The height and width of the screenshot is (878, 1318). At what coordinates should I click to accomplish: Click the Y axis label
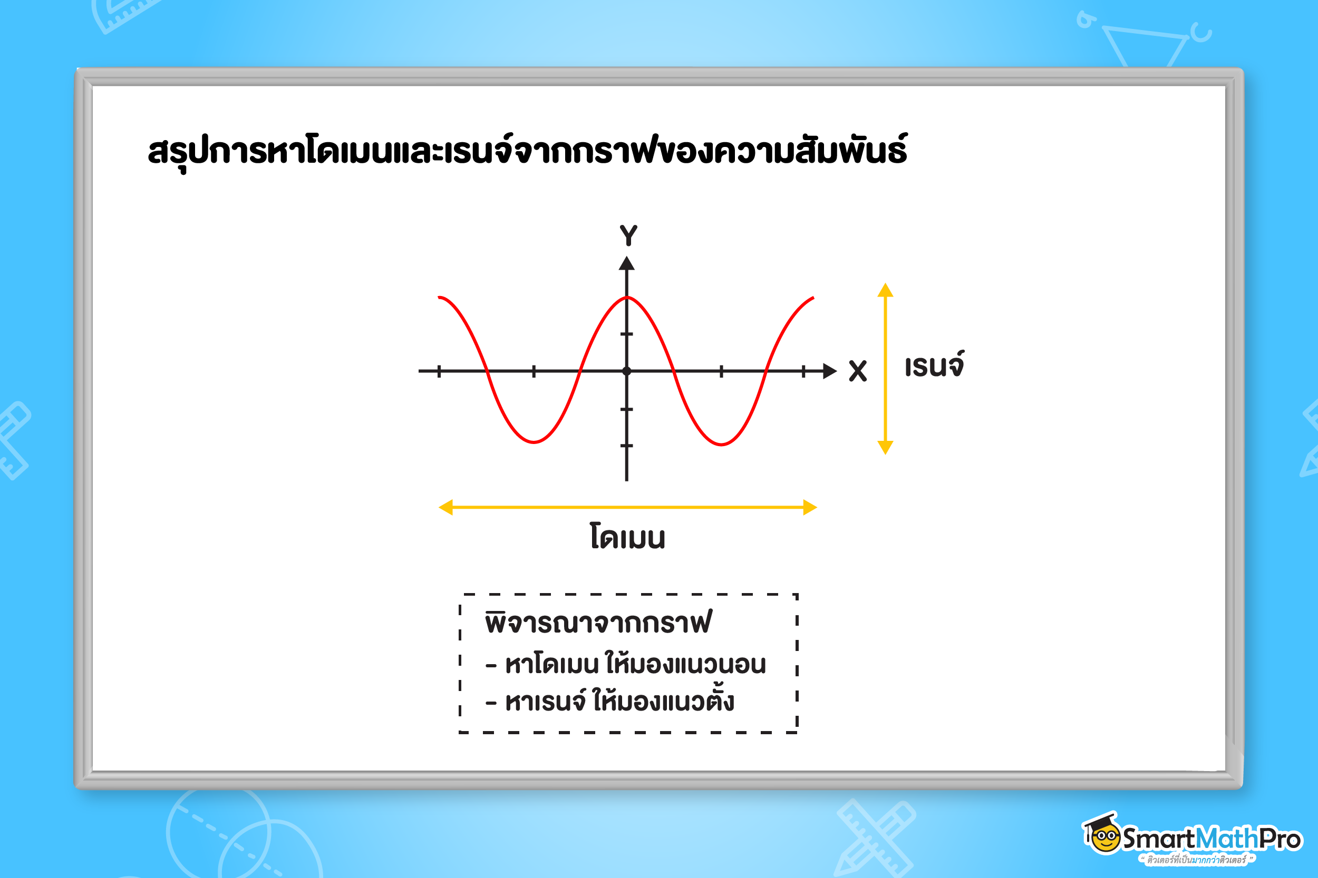(x=628, y=235)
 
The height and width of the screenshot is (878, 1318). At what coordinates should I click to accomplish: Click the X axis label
(x=857, y=371)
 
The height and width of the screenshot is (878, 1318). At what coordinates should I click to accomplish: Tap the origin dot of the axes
(x=626, y=371)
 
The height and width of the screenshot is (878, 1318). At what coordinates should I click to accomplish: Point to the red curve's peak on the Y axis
(x=626, y=297)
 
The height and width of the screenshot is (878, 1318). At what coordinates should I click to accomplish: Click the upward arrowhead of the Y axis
(x=626, y=263)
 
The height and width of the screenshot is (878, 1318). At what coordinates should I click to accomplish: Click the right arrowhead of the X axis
(x=830, y=371)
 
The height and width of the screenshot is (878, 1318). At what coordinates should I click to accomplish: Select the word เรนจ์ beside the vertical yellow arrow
(x=934, y=365)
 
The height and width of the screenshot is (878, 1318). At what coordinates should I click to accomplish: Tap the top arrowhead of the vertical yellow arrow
(x=885, y=290)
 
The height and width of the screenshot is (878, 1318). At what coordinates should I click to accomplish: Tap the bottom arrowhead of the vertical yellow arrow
(x=885, y=447)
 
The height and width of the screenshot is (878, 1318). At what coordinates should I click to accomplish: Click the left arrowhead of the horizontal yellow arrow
(x=445, y=507)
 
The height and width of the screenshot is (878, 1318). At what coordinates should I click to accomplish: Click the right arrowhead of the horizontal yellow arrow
(x=810, y=507)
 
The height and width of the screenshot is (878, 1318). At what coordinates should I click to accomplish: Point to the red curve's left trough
(x=534, y=442)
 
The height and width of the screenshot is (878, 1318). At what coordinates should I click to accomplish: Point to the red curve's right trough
(x=722, y=444)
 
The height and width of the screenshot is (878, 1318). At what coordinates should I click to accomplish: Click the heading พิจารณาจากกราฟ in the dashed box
(x=598, y=621)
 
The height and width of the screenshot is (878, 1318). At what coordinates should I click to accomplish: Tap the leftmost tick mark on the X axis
(x=439, y=371)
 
